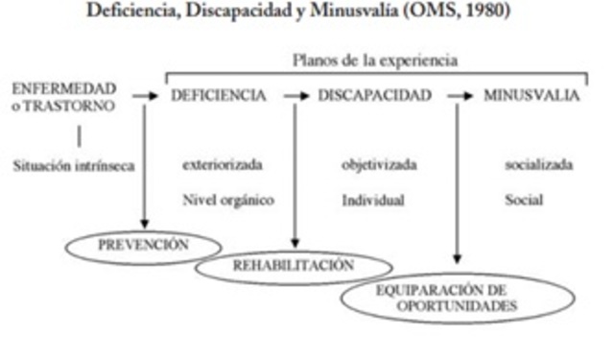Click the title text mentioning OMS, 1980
pyautogui.click(x=306, y=12)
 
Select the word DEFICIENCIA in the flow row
pyautogui.click(x=218, y=96)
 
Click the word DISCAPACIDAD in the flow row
pyautogui.click(x=374, y=96)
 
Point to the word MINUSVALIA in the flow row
pyautogui.click(x=531, y=96)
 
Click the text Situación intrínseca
pyautogui.click(x=74, y=164)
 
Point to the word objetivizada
pyautogui.click(x=379, y=164)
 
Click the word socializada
pyautogui.click(x=539, y=164)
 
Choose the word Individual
pyautogui.click(x=372, y=201)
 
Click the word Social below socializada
pyautogui.click(x=523, y=201)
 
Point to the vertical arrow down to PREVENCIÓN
pyautogui.click(x=144, y=163)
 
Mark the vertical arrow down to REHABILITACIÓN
pyautogui.click(x=295, y=173)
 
